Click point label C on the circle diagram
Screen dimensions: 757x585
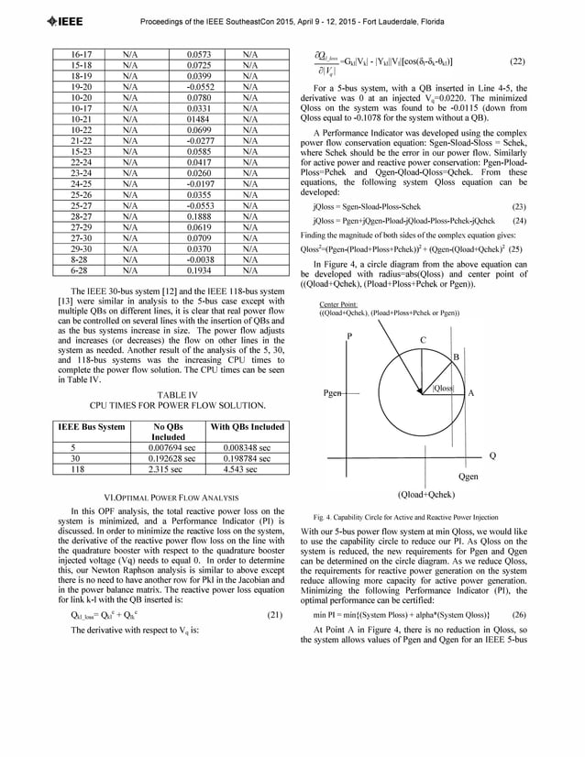(422, 340)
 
